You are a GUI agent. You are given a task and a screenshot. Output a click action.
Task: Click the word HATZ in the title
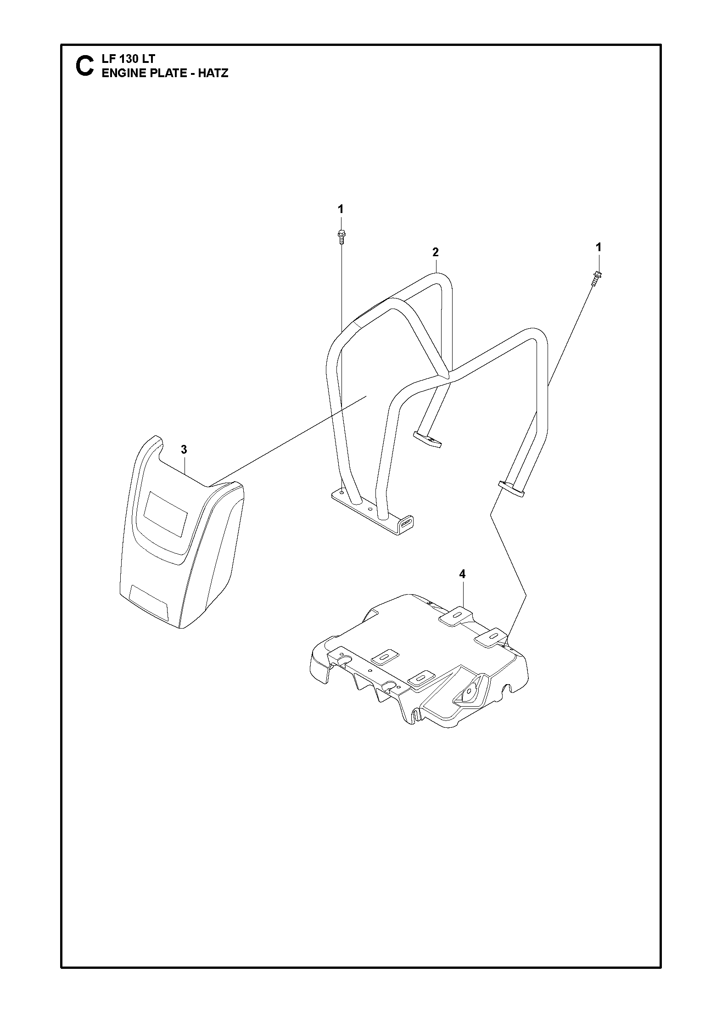coord(213,73)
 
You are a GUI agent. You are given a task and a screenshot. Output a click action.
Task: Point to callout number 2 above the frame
coord(436,252)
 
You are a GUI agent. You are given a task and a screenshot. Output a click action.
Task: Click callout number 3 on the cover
coord(184,450)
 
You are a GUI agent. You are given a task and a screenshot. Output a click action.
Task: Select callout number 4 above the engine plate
coord(462,574)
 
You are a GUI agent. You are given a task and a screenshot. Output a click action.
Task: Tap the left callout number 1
coord(340,209)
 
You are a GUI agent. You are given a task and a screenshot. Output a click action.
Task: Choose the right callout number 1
coord(598,247)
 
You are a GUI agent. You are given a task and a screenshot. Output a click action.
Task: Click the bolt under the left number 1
coord(341,236)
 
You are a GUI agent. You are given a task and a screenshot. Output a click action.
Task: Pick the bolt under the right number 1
coord(597,278)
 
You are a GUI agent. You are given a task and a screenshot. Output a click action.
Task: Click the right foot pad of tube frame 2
coord(510,489)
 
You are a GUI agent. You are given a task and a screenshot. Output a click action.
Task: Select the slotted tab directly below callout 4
coord(456,616)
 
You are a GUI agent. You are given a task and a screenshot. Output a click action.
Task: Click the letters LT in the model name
coord(149,59)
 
